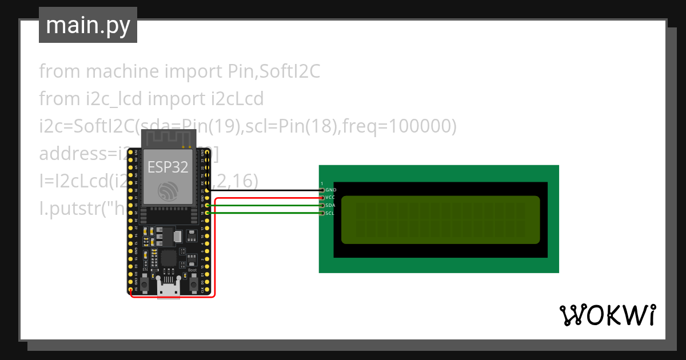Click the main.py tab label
tap(87, 25)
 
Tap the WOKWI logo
tap(607, 315)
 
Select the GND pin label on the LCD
tap(331, 189)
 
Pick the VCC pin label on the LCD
tap(330, 197)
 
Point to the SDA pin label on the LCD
tap(330, 205)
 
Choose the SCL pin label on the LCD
tap(330, 213)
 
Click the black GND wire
tap(263, 190)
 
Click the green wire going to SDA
tap(263, 205)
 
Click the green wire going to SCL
tap(263, 213)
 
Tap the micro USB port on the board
tap(169, 290)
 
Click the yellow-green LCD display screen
tap(440, 219)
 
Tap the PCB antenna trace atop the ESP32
tap(169, 139)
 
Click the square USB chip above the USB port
tap(169, 258)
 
